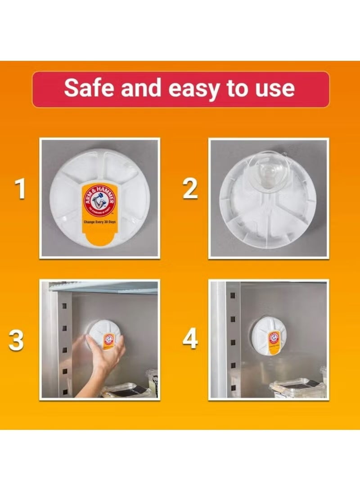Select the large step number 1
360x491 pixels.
pyautogui.click(x=20, y=189)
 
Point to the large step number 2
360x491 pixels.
pyautogui.click(x=190, y=189)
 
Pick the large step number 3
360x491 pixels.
pyautogui.click(x=16, y=341)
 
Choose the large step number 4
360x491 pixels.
pyautogui.click(x=190, y=340)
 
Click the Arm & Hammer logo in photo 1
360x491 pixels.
pyautogui.click(x=98, y=198)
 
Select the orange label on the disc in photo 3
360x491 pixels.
pyautogui.click(x=108, y=340)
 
